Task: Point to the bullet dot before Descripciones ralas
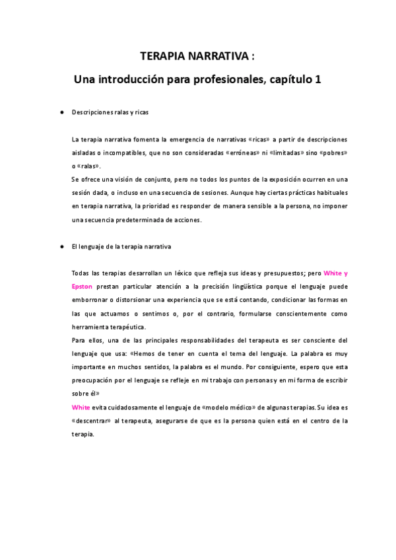61,112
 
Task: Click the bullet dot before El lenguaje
61,246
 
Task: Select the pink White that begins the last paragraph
81,407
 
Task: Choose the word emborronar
93,300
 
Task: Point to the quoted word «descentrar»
91,421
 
